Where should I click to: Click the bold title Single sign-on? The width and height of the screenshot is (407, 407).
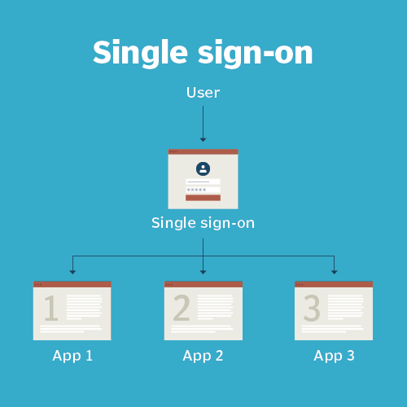coord(203,53)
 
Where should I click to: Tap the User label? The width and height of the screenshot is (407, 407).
coord(203,93)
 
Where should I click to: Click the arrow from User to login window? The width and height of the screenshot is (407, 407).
coord(203,124)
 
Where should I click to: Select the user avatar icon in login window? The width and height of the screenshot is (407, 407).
coord(203,168)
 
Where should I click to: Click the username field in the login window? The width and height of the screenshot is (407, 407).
coord(203,182)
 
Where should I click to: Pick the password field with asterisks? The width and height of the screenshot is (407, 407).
coord(203,190)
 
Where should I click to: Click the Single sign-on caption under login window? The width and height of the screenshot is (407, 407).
coord(203,223)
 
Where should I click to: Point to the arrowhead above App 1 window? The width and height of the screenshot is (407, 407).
coord(72,272)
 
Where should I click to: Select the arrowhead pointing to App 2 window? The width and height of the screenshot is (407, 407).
coord(203,272)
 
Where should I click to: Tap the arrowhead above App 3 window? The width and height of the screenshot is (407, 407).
coord(335,272)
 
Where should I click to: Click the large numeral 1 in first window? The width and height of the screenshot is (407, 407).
coord(51,308)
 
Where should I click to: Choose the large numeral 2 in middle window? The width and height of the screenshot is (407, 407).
coord(182,308)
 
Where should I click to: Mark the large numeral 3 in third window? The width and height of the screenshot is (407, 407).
coord(312,308)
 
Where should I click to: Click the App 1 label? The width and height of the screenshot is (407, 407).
coord(72,356)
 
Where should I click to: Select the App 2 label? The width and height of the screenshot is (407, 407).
coord(203,356)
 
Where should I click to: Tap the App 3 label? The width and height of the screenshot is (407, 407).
coord(334,356)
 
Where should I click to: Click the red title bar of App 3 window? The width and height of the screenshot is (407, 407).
coord(334,284)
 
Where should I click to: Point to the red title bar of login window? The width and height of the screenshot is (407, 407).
coord(203,151)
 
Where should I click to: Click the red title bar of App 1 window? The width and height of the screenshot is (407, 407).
coord(72,284)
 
